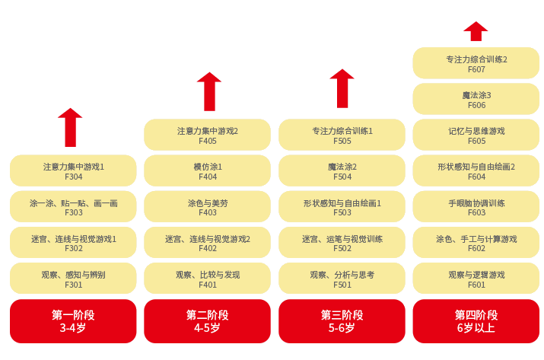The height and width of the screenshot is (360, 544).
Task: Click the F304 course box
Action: (x=73, y=170)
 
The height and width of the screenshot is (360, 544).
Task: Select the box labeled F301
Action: (x=73, y=279)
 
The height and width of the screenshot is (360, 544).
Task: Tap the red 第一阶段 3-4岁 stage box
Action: (x=73, y=321)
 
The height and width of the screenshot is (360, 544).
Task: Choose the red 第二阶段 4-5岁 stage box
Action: (x=207, y=321)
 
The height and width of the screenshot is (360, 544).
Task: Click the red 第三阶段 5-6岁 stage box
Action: (x=342, y=321)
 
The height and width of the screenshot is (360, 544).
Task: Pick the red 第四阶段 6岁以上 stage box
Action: (x=476, y=321)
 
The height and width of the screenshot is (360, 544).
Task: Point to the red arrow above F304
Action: (x=70, y=127)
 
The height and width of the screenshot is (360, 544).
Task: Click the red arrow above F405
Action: (x=208, y=91)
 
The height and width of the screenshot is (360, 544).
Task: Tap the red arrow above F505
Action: (x=342, y=88)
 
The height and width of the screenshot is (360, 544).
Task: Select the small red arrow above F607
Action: (x=476, y=31)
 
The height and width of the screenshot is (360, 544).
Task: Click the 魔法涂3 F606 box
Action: (x=476, y=99)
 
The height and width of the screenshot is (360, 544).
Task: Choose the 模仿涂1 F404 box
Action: (x=207, y=170)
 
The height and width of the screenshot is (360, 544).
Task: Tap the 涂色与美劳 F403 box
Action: (x=207, y=207)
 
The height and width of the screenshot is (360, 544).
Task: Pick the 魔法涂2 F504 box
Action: (x=342, y=170)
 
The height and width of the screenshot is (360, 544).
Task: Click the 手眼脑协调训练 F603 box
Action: (x=476, y=207)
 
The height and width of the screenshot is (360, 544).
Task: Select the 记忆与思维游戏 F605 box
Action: (x=476, y=135)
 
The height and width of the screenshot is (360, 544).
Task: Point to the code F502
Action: (x=342, y=249)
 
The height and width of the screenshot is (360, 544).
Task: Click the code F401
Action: (x=208, y=285)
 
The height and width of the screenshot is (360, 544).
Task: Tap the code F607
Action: (x=476, y=69)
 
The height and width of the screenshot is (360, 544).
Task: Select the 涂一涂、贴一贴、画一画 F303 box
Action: (x=73, y=207)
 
